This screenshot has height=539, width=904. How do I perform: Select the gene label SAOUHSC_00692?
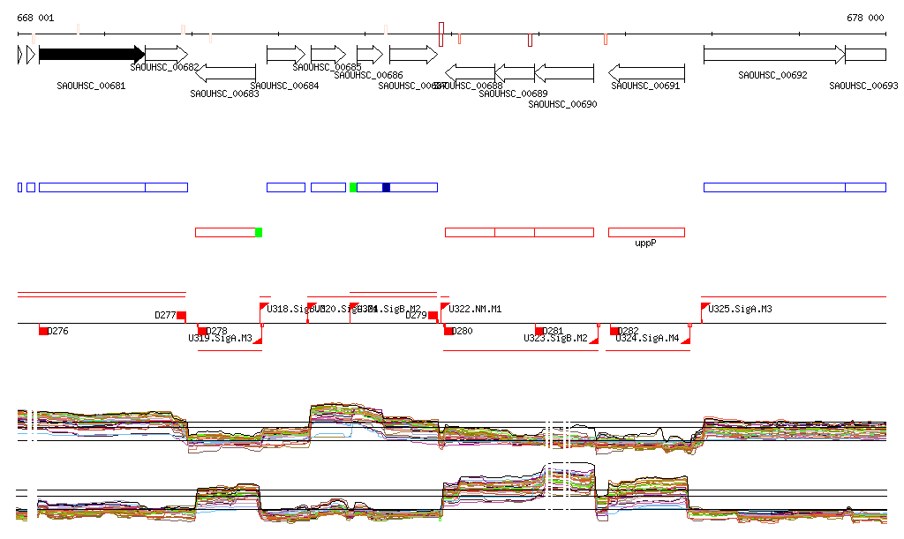[x=772, y=76]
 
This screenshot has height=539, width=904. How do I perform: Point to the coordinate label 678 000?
[x=865, y=18]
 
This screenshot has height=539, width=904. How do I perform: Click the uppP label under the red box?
[x=646, y=243]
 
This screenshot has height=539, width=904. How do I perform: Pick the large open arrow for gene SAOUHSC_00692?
[x=773, y=55]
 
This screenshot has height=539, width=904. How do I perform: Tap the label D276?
[x=57, y=331]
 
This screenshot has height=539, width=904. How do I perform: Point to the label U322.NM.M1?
[x=475, y=309]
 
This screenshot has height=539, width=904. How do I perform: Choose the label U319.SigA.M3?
[x=220, y=338]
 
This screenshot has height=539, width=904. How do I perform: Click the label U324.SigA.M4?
[x=647, y=338]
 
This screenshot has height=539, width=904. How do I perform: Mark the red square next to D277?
[x=181, y=316]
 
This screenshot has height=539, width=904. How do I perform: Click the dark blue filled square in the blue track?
[x=386, y=187]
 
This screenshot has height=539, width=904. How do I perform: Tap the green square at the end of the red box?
[x=259, y=232]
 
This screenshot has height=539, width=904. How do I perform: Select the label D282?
[x=629, y=331]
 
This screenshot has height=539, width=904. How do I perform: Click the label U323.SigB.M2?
[x=555, y=338]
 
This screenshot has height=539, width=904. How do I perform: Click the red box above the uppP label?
[x=646, y=232]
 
